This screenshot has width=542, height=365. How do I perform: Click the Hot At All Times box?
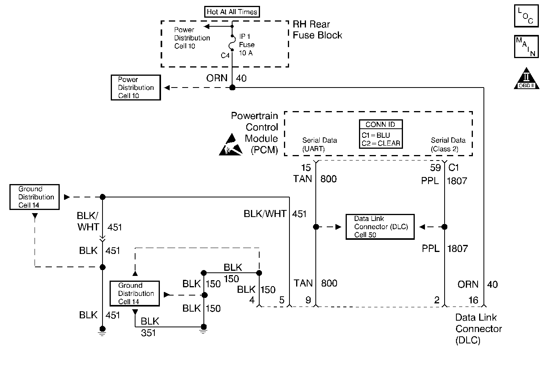(232, 12)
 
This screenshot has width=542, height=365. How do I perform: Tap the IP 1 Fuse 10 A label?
(246, 45)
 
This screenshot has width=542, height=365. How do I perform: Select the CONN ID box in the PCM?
(381, 134)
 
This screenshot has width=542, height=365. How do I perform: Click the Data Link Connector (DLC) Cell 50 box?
(380, 227)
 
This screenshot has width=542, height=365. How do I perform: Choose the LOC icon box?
(526, 16)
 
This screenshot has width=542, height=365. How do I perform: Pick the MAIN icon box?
(526, 47)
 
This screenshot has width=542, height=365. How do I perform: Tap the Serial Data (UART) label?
(319, 144)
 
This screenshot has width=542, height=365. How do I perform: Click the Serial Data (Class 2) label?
(448, 144)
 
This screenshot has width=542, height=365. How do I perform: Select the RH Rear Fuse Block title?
(317, 30)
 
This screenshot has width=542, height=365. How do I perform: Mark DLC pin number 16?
(473, 300)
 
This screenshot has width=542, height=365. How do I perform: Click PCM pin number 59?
(436, 168)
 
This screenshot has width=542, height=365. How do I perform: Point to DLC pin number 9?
(308, 300)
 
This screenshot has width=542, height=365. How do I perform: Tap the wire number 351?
(148, 333)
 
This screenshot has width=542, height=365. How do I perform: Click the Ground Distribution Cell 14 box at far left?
(34, 197)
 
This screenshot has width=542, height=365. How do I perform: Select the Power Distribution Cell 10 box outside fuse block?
(135, 88)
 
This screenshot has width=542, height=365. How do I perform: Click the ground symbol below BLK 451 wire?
(102, 332)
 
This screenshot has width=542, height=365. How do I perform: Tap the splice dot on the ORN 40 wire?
(232, 87)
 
